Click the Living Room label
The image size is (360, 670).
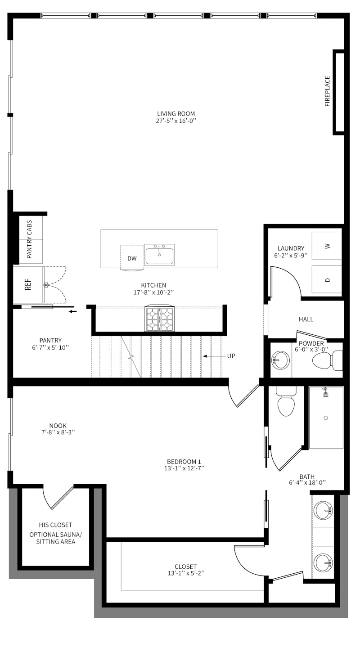tap(176, 114)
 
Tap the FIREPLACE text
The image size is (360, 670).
tap(328, 91)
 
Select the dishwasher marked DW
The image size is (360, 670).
tap(132, 258)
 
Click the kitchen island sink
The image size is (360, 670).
tap(159, 255)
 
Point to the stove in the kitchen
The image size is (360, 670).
tap(159, 319)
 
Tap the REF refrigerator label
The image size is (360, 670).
tap(28, 285)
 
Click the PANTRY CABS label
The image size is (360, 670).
tap(29, 239)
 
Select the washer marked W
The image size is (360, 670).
tap(328, 246)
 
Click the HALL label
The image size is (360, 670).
tap(306, 319)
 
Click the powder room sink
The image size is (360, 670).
tap(281, 360)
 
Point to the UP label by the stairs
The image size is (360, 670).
tap(231, 356)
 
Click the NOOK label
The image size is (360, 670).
tap(58, 426)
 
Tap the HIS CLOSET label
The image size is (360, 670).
tap(55, 525)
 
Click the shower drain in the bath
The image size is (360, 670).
tap(326, 418)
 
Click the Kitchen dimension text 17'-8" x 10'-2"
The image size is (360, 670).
tap(153, 292)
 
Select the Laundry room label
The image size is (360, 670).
tap(291, 248)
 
